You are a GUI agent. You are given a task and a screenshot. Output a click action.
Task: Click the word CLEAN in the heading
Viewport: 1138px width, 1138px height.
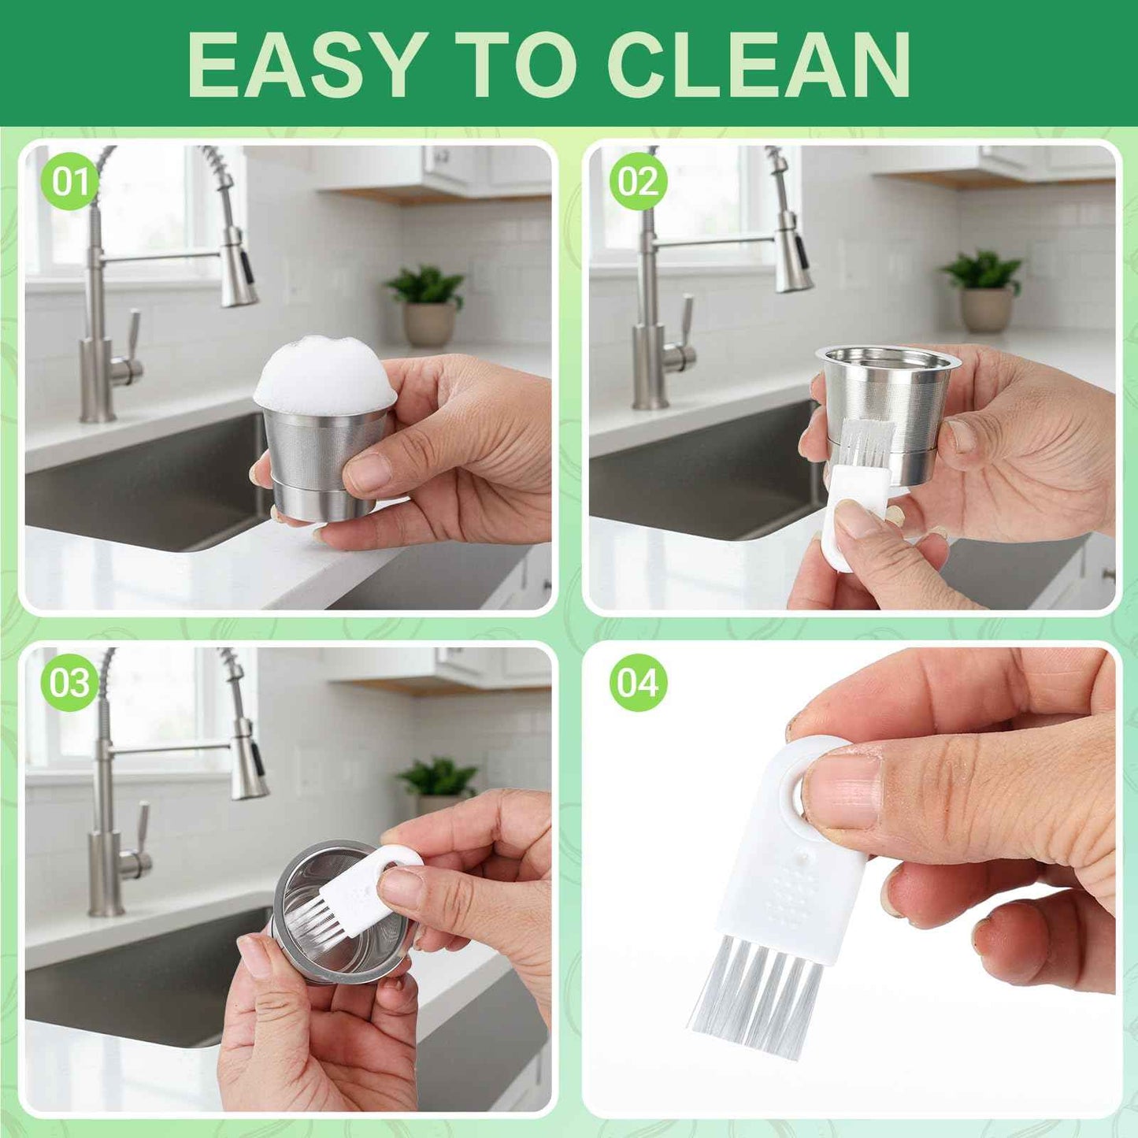click(x=760, y=65)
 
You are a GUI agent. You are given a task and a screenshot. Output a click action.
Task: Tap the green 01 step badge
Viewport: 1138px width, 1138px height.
click(x=70, y=182)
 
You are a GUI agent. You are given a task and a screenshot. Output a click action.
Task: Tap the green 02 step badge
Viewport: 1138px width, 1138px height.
click(x=638, y=182)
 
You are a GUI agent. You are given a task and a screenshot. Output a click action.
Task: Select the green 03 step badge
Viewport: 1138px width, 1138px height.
click(x=70, y=682)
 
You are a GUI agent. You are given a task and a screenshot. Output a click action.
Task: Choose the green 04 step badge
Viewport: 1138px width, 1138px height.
click(x=638, y=682)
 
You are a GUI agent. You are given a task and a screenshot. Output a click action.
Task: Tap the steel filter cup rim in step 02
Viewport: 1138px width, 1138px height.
click(x=888, y=357)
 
